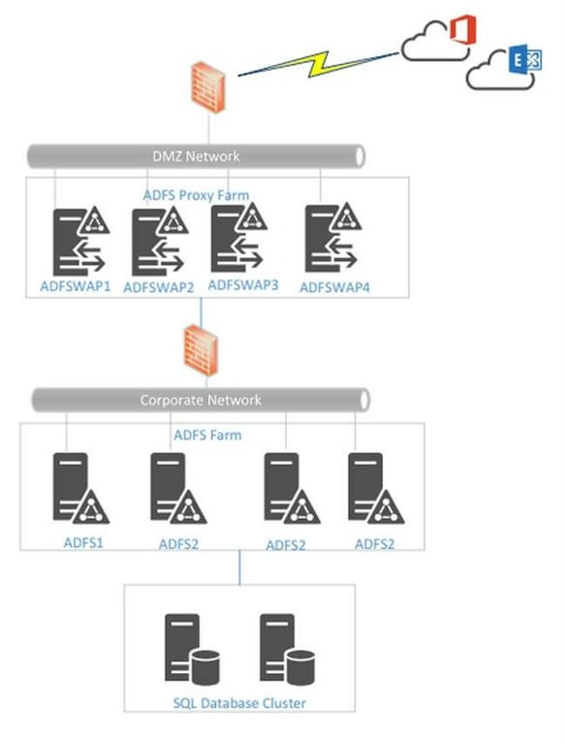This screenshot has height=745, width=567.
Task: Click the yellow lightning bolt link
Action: tap(318, 64)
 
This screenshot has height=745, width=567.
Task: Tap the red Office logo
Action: tap(463, 29)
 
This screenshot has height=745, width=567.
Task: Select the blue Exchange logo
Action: tap(524, 59)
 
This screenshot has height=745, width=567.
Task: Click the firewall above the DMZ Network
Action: tap(208, 87)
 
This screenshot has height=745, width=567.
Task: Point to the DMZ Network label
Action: tap(196, 156)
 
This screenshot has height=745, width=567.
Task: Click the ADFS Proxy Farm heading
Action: tap(196, 195)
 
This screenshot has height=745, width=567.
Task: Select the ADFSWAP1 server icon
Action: tap(81, 242)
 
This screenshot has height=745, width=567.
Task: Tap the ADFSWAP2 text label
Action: tap(159, 287)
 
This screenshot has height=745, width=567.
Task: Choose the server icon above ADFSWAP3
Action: tap(238, 238)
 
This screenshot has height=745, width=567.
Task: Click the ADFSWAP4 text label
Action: tap(334, 287)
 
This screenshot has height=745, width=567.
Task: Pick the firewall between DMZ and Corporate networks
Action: tap(202, 350)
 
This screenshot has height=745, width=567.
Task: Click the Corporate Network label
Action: tap(201, 400)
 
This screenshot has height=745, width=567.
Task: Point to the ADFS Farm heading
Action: tap(207, 435)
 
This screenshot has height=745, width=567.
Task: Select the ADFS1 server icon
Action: tap(80, 488)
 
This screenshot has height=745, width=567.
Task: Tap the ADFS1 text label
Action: tap(83, 542)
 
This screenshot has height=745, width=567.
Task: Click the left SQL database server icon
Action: tap(192, 650)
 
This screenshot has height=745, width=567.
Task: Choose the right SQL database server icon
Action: tap(287, 650)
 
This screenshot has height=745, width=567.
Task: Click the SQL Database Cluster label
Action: tap(239, 703)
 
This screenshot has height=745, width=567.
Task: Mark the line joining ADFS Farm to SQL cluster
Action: tap(239, 567)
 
